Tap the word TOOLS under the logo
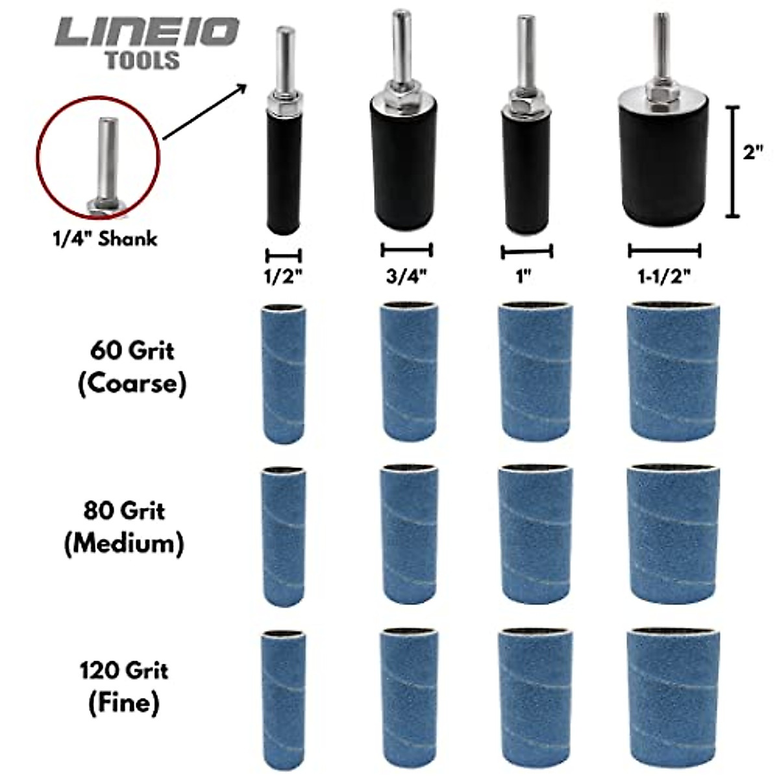(x=142, y=60)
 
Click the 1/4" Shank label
(x=105, y=238)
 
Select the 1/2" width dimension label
(x=283, y=277)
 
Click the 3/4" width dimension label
(x=406, y=276)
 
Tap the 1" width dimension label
(x=524, y=276)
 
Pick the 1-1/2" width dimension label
(x=664, y=276)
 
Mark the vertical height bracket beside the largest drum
(x=732, y=161)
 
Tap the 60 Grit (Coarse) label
(x=132, y=367)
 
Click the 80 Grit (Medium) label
(x=124, y=526)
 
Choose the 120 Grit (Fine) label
(x=124, y=686)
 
